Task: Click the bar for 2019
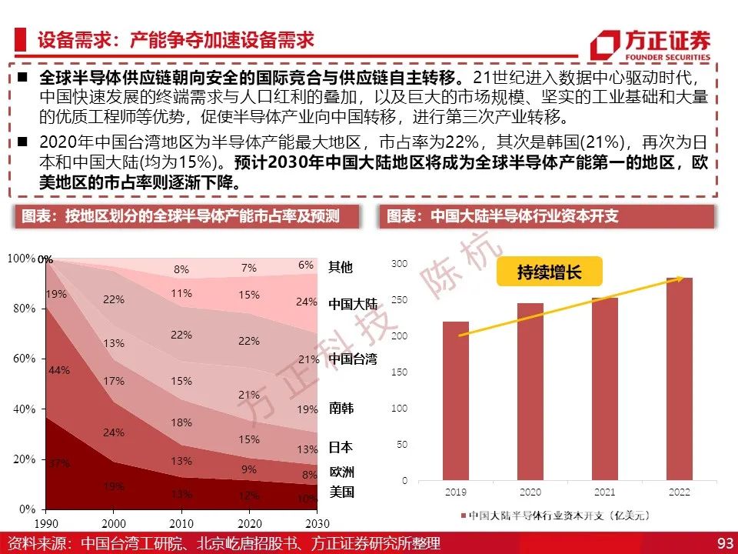point(456,401)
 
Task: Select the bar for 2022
point(679,379)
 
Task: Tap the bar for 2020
point(530,392)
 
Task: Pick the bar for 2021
point(605,389)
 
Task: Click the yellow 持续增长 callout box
point(549,272)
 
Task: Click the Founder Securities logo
point(650,45)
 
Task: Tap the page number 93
point(725,543)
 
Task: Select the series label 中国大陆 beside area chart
point(353,304)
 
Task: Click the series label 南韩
point(341,408)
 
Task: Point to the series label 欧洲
point(341,472)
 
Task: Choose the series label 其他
point(341,267)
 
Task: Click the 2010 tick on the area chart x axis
point(181,523)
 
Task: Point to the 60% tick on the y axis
point(25,359)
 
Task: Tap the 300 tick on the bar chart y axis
point(399,264)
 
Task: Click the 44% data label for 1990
point(59,370)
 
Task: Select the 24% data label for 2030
point(307,302)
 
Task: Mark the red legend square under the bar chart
point(463,516)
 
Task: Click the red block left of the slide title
point(20,39)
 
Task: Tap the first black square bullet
point(22,76)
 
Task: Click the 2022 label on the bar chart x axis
point(679,492)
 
